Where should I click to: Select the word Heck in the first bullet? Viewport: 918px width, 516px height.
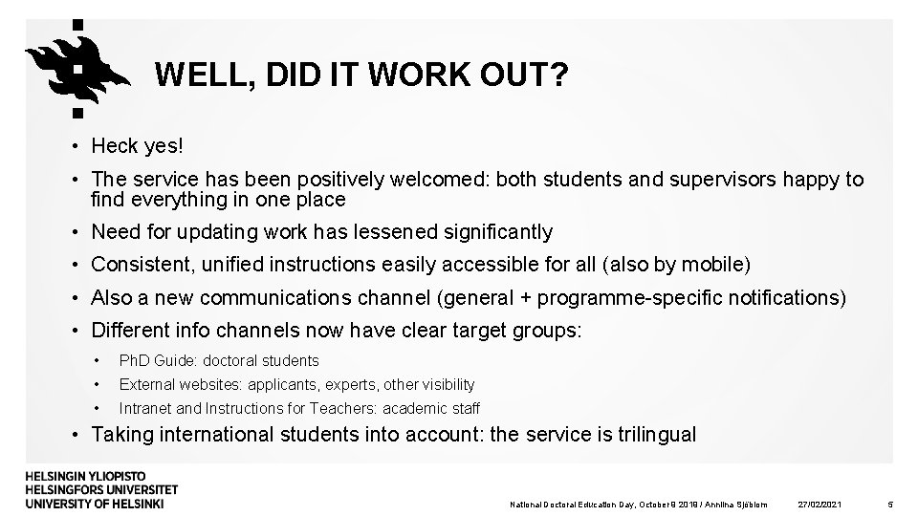pyautogui.click(x=114, y=146)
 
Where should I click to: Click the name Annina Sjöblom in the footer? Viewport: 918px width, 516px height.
pyautogui.click(x=735, y=504)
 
